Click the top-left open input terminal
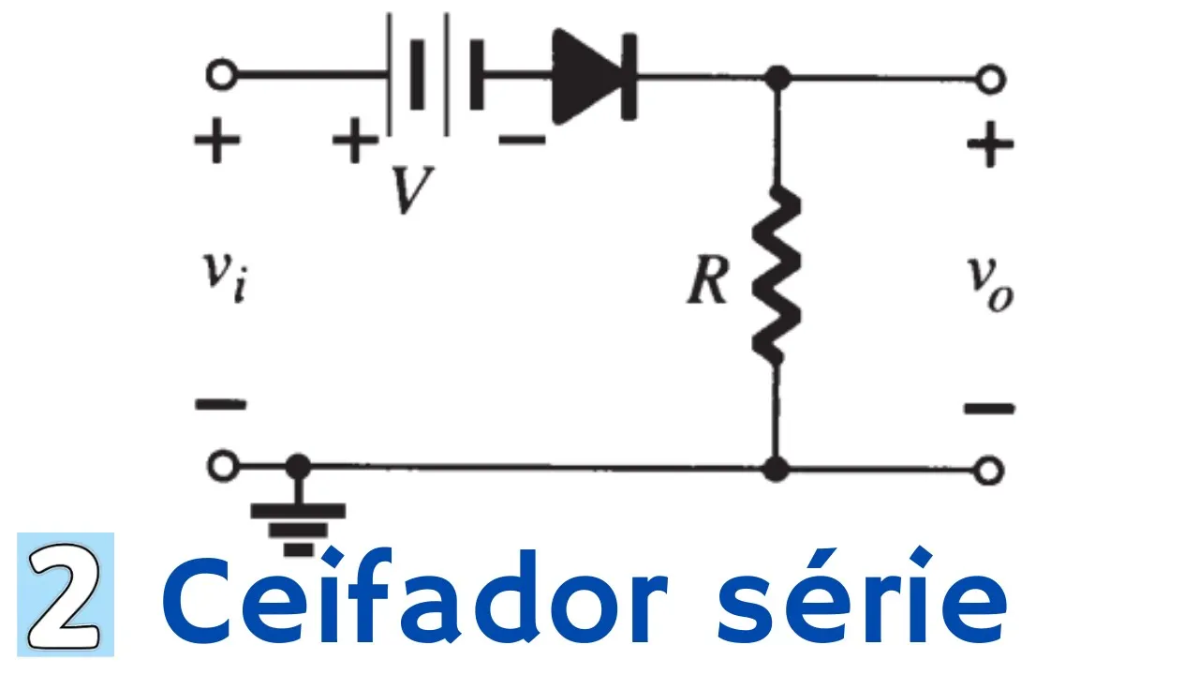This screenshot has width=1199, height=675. pyautogui.click(x=221, y=76)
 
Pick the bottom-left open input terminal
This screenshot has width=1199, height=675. pyautogui.click(x=221, y=466)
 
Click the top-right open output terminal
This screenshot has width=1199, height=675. pyautogui.click(x=989, y=79)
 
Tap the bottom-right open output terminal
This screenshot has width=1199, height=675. pyautogui.click(x=989, y=468)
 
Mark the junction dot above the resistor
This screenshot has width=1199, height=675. pyautogui.click(x=776, y=78)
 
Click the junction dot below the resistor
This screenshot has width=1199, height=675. pyautogui.click(x=776, y=468)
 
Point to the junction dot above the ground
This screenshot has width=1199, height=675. pyautogui.click(x=298, y=465)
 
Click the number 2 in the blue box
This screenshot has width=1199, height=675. pyautogui.click(x=65, y=594)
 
